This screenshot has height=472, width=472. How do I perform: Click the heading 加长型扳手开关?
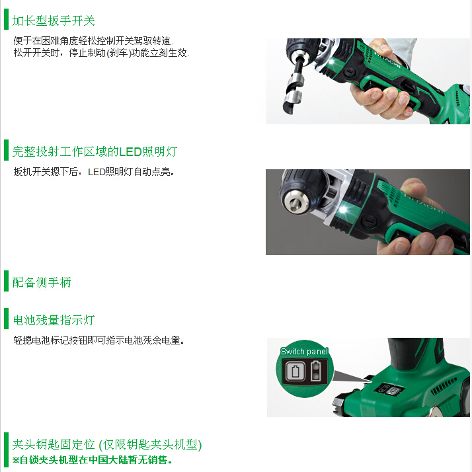pyautogui.click(x=54, y=20)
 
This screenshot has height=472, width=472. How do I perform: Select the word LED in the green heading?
pyautogui.click(x=130, y=152)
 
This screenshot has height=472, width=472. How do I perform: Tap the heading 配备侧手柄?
pyautogui.click(x=42, y=282)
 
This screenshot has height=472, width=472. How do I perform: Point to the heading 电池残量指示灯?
pyautogui.click(x=54, y=320)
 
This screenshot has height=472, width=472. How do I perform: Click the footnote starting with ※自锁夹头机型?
pyautogui.click(x=92, y=460)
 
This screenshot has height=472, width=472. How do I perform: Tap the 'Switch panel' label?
pyautogui.click(x=304, y=351)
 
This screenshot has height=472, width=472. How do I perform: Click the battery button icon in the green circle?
pyautogui.click(x=295, y=371)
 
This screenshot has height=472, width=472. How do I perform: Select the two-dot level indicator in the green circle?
pyautogui.click(x=315, y=371)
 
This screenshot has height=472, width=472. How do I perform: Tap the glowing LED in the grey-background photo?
pyautogui.click(x=343, y=210)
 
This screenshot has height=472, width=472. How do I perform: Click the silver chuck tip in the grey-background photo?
pyautogui.click(x=296, y=202)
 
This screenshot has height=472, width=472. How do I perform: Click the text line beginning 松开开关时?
pyautogui.click(x=101, y=53)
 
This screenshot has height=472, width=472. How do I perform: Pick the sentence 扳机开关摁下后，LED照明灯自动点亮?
pyautogui.click(x=94, y=172)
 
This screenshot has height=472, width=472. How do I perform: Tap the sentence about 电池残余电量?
pyautogui.click(x=98, y=340)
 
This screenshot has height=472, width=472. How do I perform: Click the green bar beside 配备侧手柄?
pyautogui.click(x=6, y=281)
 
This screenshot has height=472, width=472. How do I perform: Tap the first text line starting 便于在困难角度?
pyautogui.click(x=93, y=40)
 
